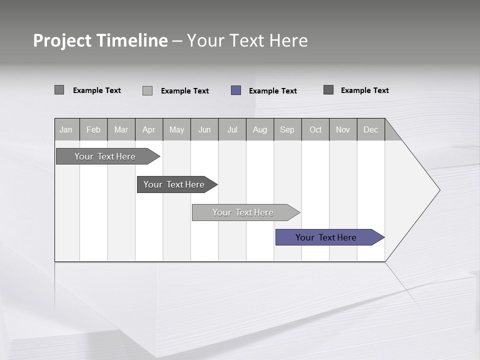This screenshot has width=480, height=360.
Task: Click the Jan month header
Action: point(66,129)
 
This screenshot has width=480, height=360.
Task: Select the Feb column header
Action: point(93,129)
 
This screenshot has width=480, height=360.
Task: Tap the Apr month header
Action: point(149,129)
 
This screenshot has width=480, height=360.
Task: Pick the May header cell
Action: point(176,129)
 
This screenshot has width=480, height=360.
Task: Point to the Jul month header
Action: point(232,129)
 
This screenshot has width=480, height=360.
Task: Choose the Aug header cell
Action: point(260,129)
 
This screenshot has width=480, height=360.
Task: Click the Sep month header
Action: point(287,129)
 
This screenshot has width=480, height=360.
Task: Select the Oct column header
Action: point(315,129)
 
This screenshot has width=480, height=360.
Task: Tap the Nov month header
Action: point(343,129)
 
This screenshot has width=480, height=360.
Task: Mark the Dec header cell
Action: point(370,129)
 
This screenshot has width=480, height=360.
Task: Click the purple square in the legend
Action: point(236,90)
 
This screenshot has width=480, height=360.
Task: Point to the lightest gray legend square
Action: point(147,90)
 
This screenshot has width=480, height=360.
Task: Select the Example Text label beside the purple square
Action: point(272,91)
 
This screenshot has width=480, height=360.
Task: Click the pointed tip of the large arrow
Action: point(438,190)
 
